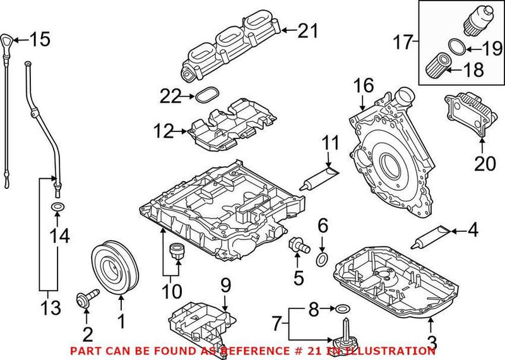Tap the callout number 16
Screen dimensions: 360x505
pos(364,85)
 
